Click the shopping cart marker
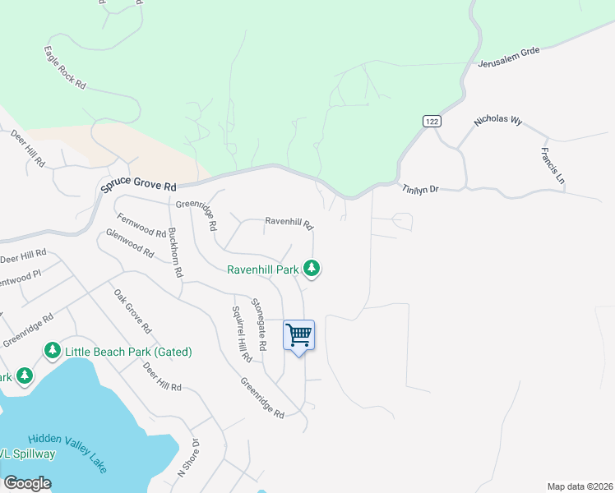298,336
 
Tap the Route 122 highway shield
432,121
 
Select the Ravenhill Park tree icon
311,268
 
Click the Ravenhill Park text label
263,269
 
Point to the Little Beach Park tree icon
53,352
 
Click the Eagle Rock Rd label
65,67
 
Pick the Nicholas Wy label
498,121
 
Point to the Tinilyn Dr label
420,189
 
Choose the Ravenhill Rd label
289,222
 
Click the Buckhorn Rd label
174,251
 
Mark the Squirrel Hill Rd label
241,334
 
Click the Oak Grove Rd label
133,311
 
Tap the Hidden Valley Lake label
67,454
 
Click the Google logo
27,483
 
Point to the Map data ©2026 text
579,486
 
